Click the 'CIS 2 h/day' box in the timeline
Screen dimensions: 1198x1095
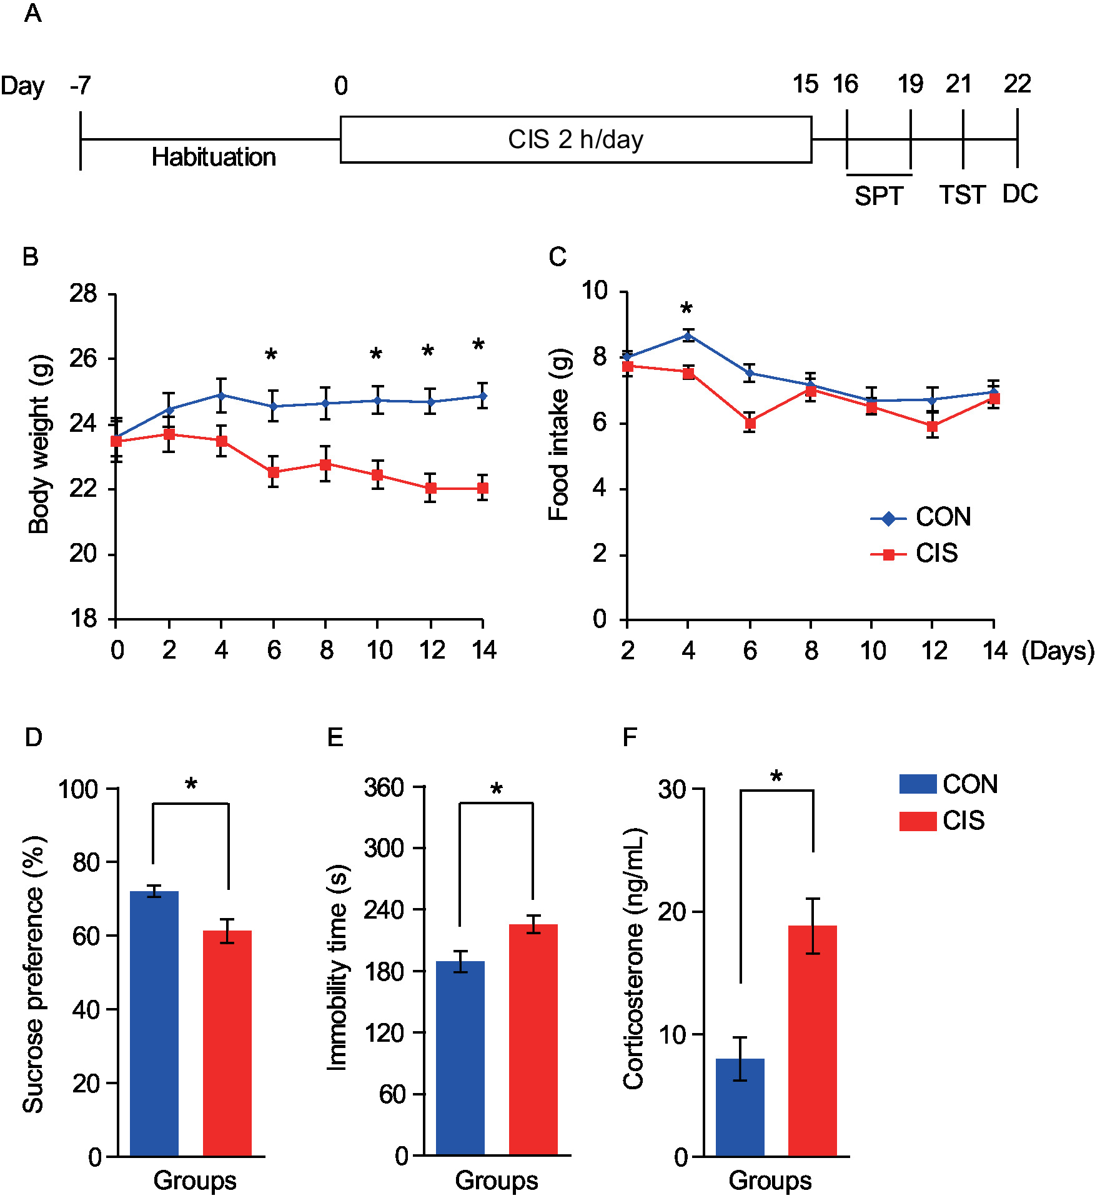[575, 139]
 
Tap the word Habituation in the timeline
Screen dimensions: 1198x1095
[214, 157]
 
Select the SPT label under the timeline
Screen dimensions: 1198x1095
[878, 196]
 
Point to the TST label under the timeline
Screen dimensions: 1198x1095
[962, 195]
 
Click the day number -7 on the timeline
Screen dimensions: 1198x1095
[81, 85]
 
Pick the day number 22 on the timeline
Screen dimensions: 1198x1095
[1017, 84]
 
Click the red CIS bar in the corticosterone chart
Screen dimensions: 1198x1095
[812, 1040]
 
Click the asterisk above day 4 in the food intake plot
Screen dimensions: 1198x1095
[686, 309]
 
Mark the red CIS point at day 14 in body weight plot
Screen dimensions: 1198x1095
[482, 488]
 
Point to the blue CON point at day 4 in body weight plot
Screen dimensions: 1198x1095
[221, 395]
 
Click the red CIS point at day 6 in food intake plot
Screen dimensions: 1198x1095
[750, 423]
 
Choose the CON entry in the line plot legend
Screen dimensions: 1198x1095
[921, 517]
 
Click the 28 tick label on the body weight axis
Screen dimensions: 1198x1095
[84, 294]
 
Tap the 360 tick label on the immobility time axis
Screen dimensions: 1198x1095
[384, 787]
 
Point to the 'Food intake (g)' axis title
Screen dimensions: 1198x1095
[558, 434]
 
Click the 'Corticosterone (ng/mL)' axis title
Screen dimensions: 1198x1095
[633, 959]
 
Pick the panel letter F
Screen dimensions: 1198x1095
[630, 737]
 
